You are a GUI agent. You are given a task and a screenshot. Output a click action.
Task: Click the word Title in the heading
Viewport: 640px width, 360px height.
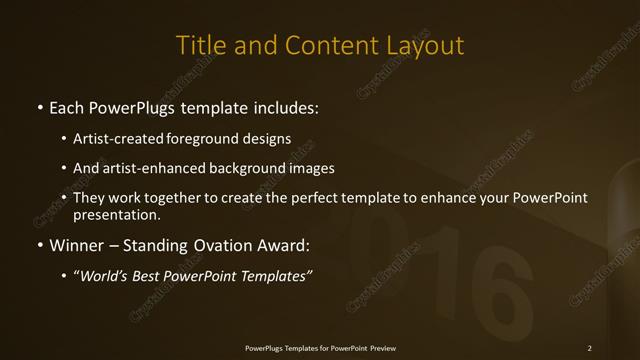click(x=198, y=45)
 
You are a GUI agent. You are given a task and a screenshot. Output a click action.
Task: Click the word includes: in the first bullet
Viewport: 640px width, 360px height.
click(x=285, y=106)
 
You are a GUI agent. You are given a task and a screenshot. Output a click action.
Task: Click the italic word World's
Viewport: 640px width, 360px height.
click(x=104, y=276)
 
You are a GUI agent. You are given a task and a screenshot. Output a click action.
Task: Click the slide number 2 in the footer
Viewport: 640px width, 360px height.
click(x=590, y=348)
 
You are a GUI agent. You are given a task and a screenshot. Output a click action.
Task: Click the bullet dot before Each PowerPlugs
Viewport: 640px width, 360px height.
click(x=39, y=106)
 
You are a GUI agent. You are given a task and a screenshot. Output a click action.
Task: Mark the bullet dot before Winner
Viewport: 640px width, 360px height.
click(x=39, y=245)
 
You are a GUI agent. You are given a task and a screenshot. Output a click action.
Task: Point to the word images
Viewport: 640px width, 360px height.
click(x=307, y=168)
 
